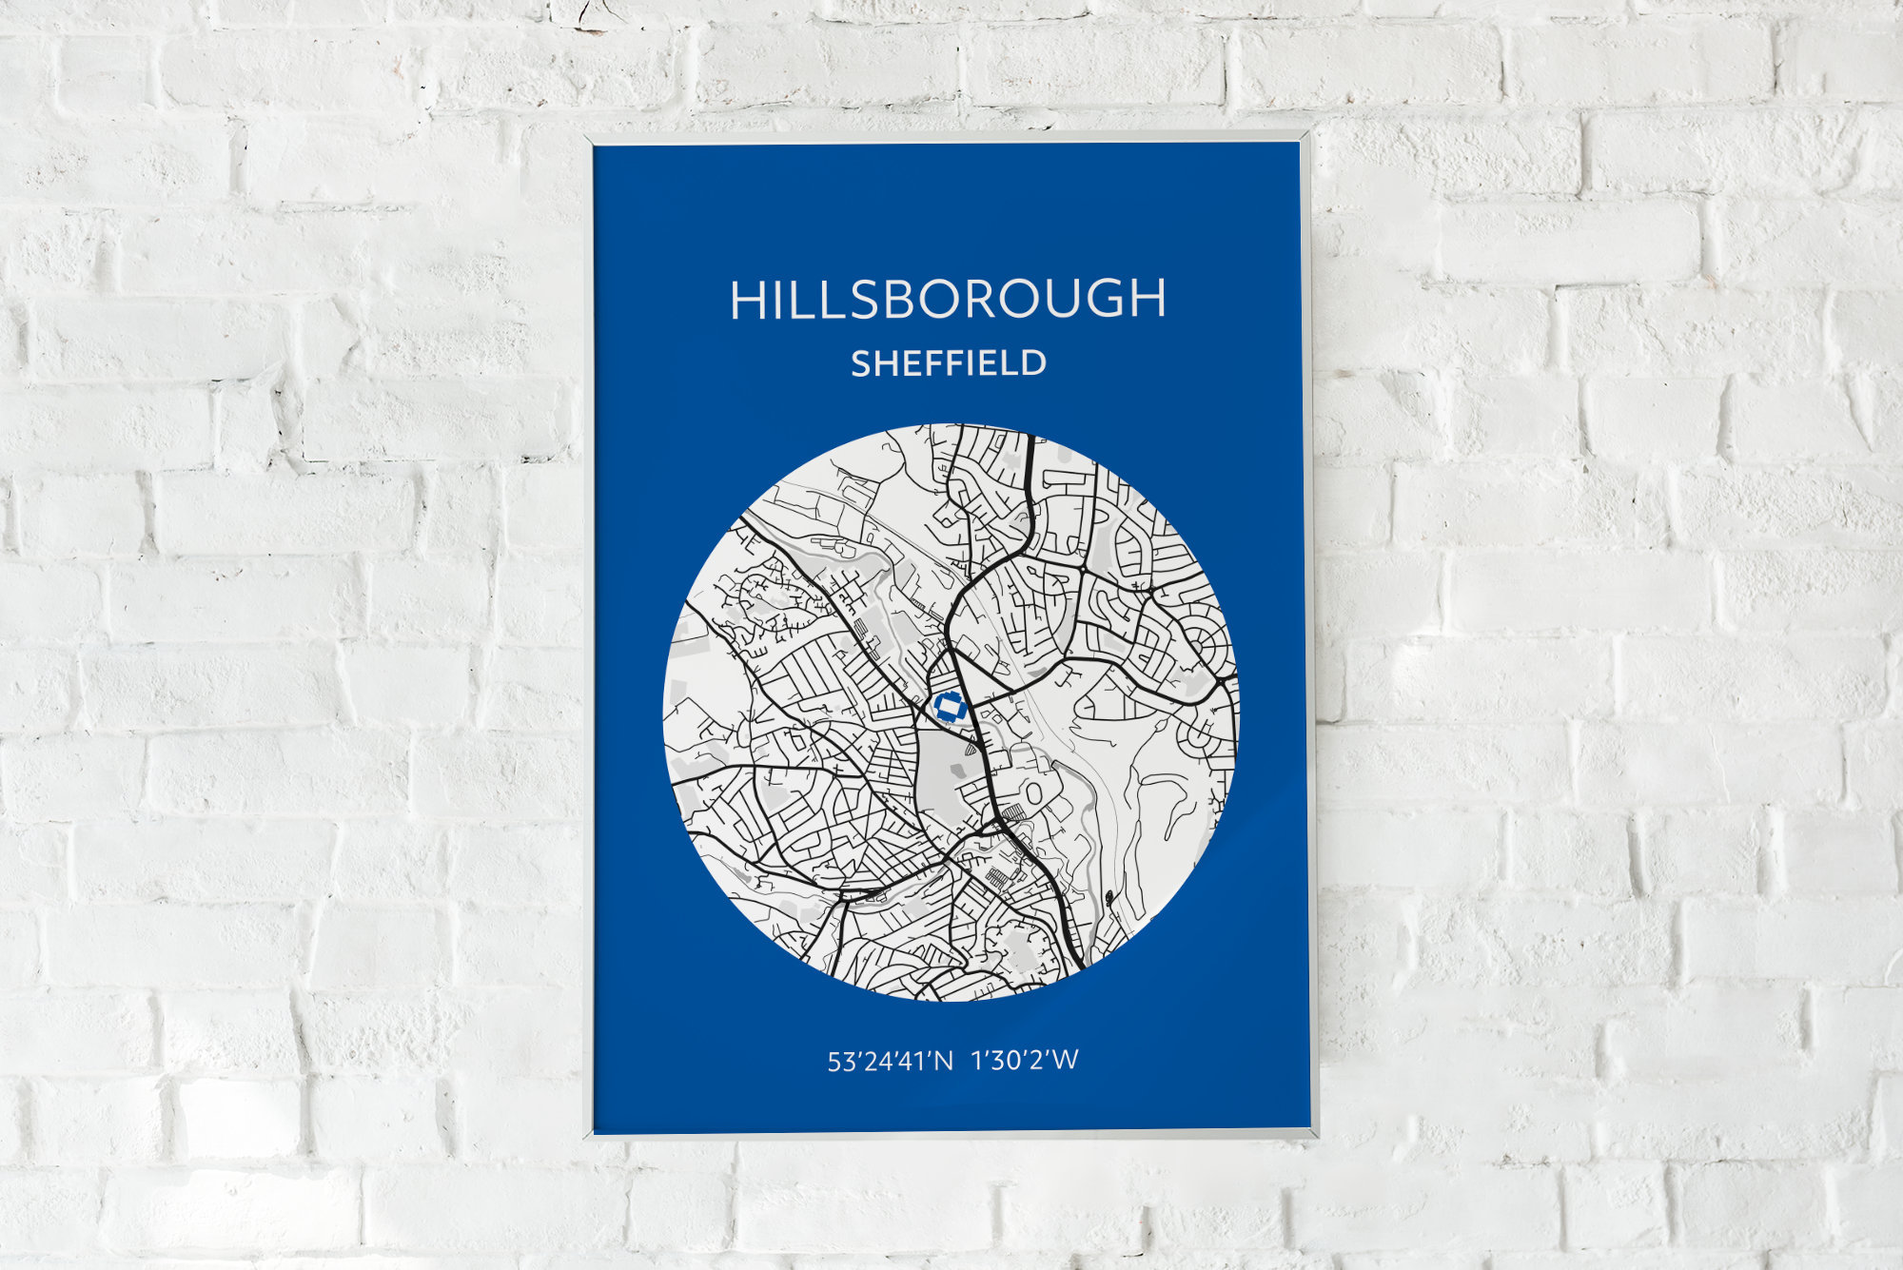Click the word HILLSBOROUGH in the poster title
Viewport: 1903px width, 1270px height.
[948, 299]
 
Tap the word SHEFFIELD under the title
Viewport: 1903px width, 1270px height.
[949, 363]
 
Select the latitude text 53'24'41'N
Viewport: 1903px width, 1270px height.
[890, 1061]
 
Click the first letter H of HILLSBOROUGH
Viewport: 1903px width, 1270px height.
[749, 300]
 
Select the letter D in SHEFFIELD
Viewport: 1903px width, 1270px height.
[1033, 363]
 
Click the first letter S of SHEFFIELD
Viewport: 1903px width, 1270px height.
[861, 363]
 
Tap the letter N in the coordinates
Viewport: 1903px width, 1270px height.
[942, 1061]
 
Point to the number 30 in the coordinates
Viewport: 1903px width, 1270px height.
[1001, 1061]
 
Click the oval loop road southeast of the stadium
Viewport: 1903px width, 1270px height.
[1034, 791]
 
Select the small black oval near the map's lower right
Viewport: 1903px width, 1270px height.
[1109, 896]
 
